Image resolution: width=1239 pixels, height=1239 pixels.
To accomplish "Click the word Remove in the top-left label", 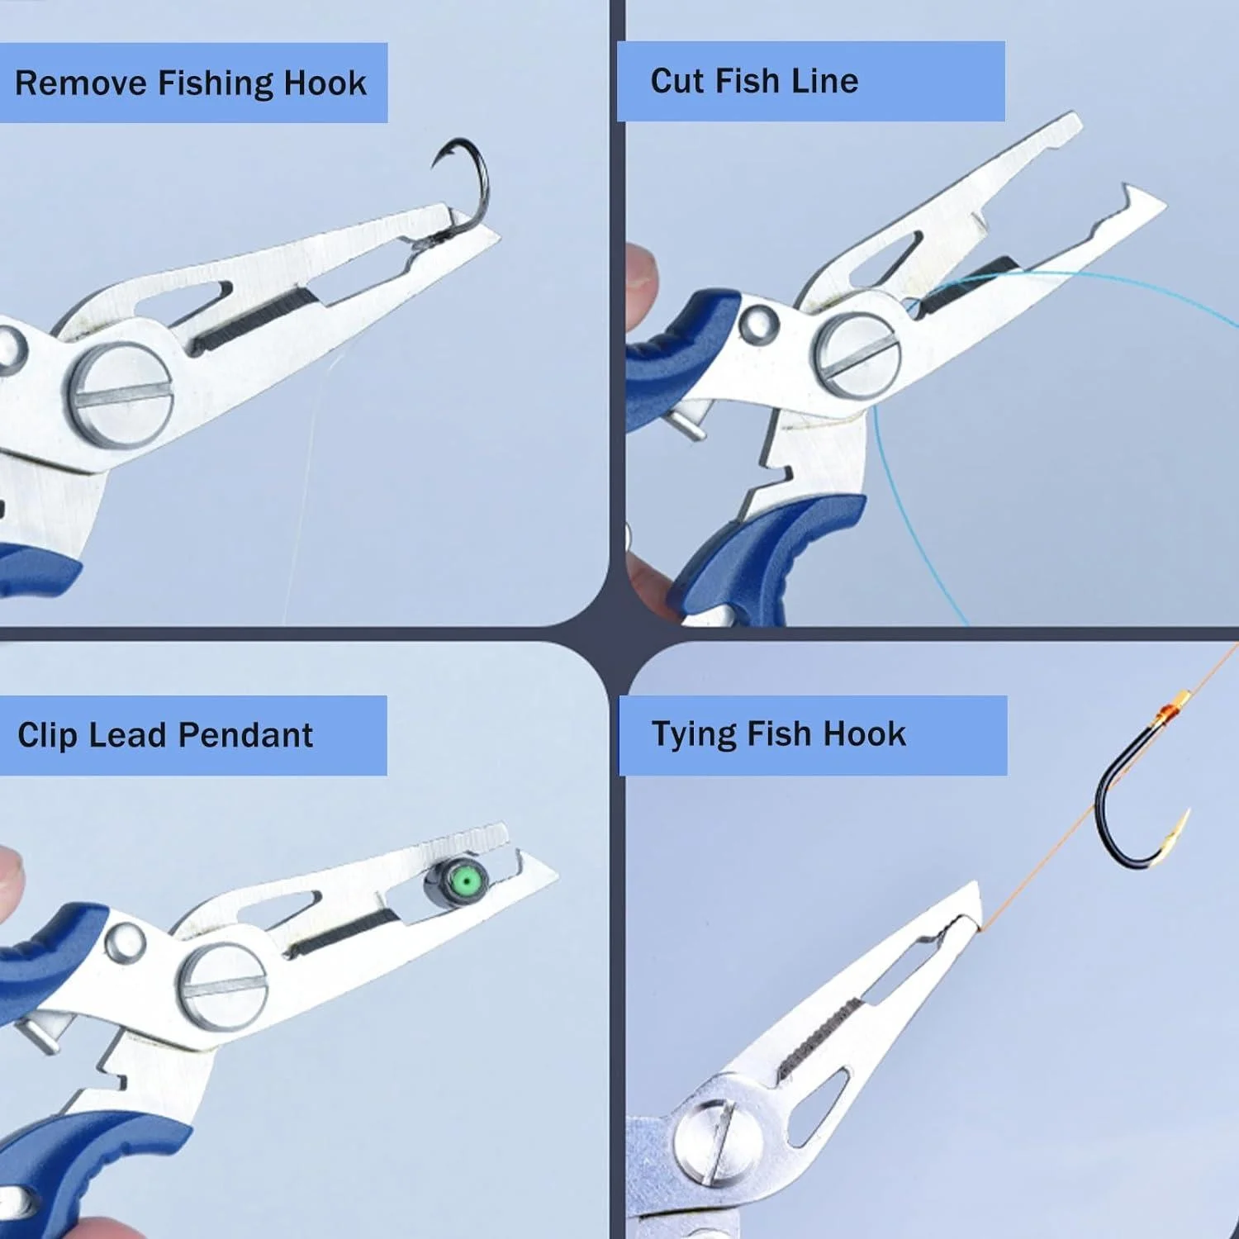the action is [81, 83].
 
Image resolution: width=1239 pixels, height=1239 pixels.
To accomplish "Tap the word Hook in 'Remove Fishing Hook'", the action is [325, 83].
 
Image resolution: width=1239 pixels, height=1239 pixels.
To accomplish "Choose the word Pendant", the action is [245, 735].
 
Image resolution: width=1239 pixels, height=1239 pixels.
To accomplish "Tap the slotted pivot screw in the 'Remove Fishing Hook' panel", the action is [120, 394].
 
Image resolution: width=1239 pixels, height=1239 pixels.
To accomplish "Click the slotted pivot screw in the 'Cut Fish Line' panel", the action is [857, 356].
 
